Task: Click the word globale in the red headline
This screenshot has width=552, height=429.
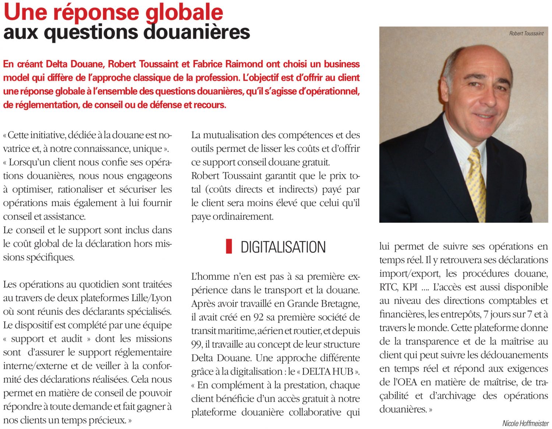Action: (x=184, y=12)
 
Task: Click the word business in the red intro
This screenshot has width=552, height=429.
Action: (x=342, y=64)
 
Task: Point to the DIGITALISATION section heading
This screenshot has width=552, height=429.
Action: (x=283, y=247)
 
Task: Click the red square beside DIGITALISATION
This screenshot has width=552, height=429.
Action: (x=229, y=246)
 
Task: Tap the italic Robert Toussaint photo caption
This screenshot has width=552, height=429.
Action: (x=526, y=34)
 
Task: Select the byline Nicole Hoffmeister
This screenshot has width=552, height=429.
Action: (x=525, y=423)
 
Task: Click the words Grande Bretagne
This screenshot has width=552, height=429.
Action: (x=323, y=304)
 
